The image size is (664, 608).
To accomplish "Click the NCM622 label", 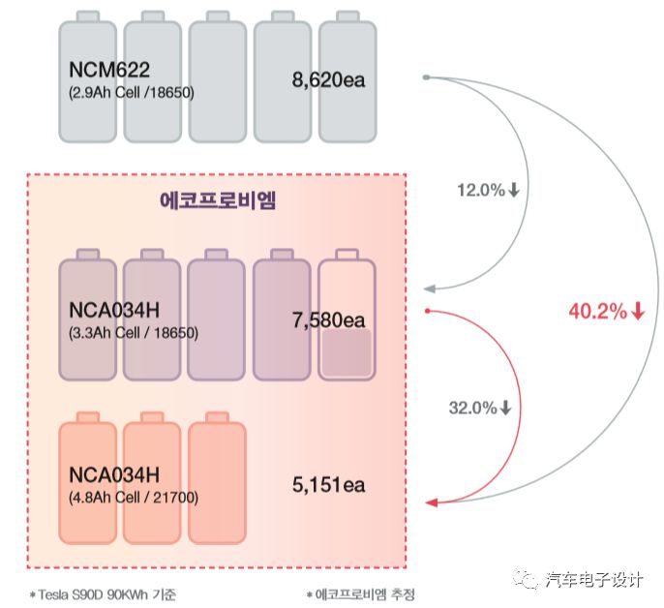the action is [x=108, y=71].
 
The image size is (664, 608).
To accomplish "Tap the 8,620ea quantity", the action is [x=329, y=79].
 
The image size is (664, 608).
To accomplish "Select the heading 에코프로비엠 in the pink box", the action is [x=218, y=200].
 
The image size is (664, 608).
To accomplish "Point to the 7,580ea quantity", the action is [x=329, y=320].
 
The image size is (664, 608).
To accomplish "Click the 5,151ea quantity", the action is [x=329, y=481].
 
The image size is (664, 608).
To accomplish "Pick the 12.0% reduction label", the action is [x=488, y=191].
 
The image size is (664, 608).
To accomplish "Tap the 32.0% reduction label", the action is [x=479, y=408].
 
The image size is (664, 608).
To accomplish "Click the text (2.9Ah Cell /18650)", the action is [x=132, y=93].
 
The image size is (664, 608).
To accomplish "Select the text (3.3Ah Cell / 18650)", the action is [x=134, y=332].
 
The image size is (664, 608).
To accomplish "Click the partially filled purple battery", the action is [x=347, y=316].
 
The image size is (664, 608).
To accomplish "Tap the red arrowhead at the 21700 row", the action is [x=433, y=502].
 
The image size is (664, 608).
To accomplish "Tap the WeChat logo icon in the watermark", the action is [x=527, y=579].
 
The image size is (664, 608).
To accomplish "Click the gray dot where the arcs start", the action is [x=426, y=76].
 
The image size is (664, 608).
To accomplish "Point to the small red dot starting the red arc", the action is [x=427, y=311].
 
